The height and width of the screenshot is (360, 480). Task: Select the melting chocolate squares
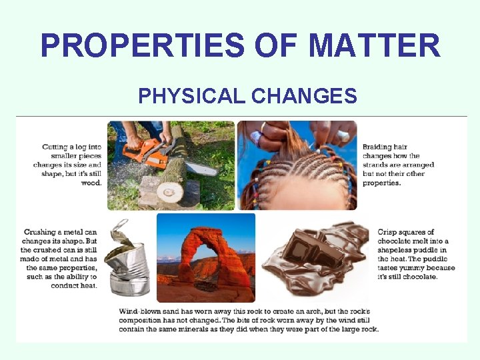[x=313, y=257]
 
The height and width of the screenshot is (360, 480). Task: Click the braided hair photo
[x=297, y=165]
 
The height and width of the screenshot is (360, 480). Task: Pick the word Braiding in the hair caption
[x=377, y=147]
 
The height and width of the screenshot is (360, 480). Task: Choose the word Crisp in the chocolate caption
[x=388, y=233]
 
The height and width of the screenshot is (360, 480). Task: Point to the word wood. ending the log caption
[x=92, y=182]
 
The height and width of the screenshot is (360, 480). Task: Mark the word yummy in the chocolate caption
[x=410, y=268]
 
